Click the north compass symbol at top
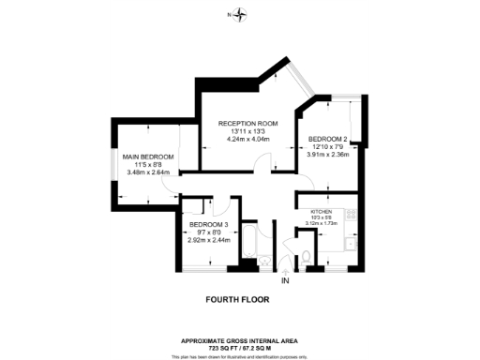[242, 14]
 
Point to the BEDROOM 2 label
[328, 139]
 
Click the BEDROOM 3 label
[208, 225]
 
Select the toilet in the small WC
[306, 257]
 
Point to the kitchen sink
[351, 246]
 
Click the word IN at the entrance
[285, 280]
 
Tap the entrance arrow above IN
[285, 270]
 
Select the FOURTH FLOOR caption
[237, 300]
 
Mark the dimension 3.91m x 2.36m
[328, 155]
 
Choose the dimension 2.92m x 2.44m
[208, 240]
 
